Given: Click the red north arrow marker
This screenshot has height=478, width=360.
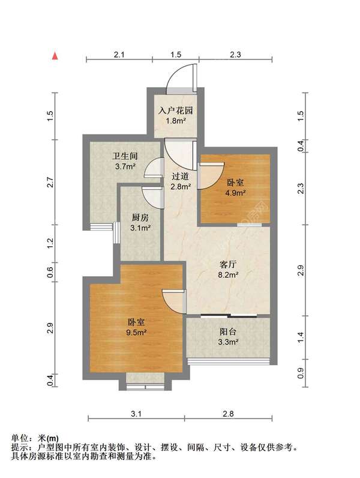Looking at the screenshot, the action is coord(55,56).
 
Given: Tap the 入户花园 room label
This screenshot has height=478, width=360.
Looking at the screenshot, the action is coord(176,110).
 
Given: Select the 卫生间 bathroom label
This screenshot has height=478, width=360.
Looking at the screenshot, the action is coord(125,156).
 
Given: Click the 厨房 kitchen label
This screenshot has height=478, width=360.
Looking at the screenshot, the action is coord(140,217).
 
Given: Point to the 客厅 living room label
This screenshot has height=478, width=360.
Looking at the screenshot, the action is coord(228,264).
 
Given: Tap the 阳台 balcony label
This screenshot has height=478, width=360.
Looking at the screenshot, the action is coord(228,331).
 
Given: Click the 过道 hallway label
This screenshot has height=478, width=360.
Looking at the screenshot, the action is coord(181,176).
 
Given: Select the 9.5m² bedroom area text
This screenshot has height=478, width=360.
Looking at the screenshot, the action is coord(136,332).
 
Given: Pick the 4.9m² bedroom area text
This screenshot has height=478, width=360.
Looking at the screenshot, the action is coord(235,193).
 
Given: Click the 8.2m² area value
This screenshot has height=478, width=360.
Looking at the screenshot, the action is coord(228,274).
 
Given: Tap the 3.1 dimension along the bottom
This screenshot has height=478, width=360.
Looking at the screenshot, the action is coord(136,414).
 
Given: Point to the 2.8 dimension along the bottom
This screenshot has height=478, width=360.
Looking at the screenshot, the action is coord(228,414).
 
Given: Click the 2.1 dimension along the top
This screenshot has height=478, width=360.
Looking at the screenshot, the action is coord(119,55).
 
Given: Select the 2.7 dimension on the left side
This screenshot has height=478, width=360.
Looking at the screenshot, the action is coord(50,183).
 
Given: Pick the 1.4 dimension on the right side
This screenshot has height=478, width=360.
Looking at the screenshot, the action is coord(301,337).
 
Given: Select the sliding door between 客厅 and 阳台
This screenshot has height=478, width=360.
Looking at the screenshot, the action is coord(229,315).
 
